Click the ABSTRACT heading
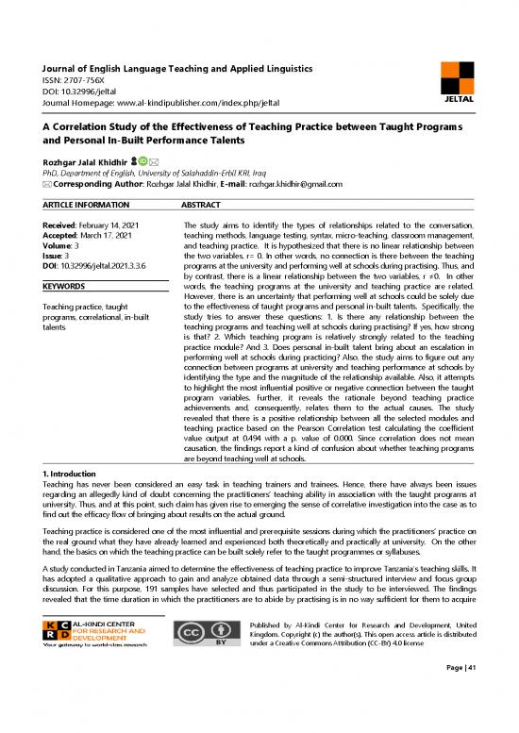(200, 204)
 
